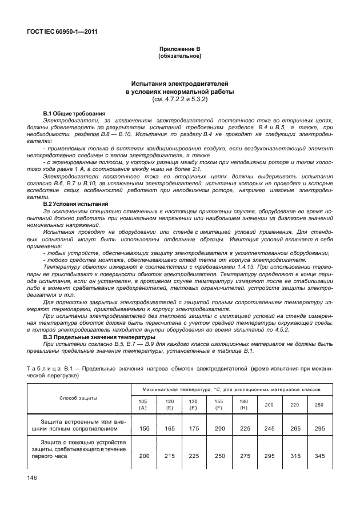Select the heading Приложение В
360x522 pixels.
[179, 50]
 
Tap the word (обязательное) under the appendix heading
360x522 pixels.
[179, 57]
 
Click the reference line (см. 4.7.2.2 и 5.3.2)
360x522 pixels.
[179, 99]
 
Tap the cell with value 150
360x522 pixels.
[144, 428]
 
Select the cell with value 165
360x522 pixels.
[169, 428]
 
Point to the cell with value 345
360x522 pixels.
[319, 455]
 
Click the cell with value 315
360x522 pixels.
[294, 455]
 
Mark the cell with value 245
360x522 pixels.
[269, 428]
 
